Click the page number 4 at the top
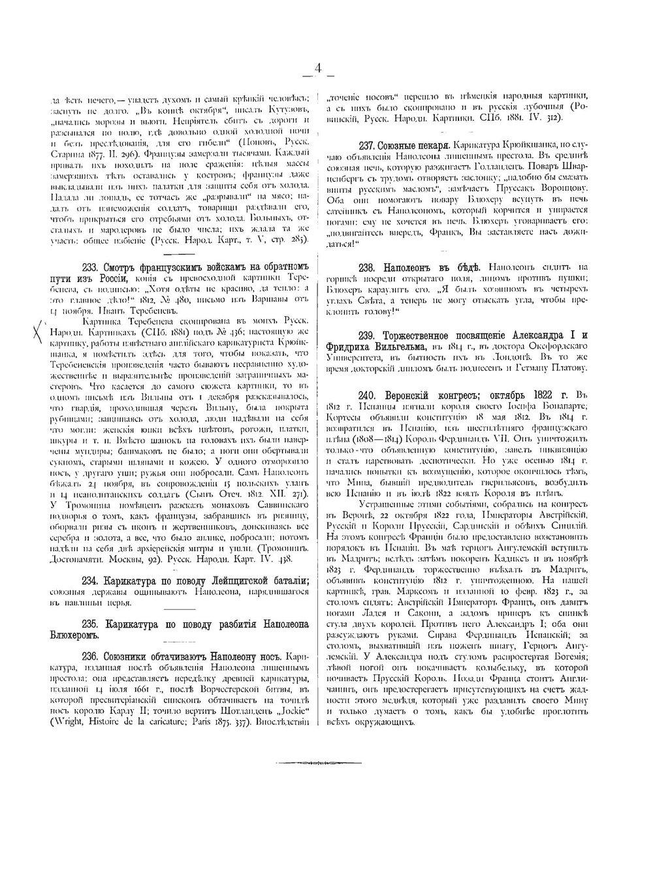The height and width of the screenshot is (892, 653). pyautogui.click(x=318, y=68)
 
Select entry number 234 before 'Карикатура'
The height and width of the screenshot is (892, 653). pyautogui.click(x=90, y=581)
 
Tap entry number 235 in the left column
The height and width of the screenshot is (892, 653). pyautogui.click(x=90, y=624)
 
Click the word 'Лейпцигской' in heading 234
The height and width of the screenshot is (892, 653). pyautogui.click(x=227, y=581)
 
